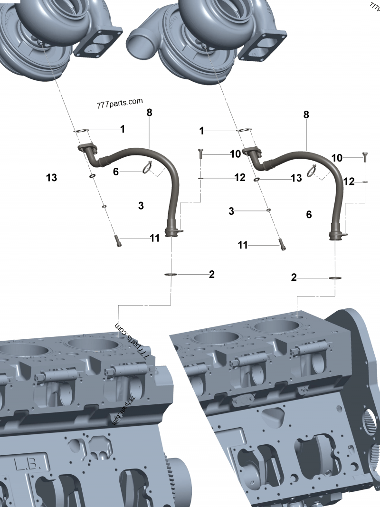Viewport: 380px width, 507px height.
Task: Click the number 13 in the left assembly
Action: (x=51, y=178)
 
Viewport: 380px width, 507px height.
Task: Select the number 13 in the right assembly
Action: (x=296, y=178)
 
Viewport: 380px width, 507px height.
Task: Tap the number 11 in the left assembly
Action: (x=154, y=238)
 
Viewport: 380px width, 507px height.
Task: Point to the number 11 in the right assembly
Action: (x=243, y=245)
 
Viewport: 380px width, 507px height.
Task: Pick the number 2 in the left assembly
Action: (x=211, y=274)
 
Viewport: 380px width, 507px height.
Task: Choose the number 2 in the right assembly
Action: (x=294, y=277)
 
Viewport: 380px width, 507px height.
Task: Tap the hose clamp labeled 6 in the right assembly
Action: (x=311, y=171)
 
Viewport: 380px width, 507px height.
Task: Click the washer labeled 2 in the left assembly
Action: (x=171, y=275)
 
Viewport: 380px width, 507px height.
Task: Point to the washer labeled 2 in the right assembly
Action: (x=335, y=278)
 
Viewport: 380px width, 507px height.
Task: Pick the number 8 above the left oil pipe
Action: (x=149, y=113)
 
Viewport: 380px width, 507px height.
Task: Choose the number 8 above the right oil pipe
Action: (x=306, y=115)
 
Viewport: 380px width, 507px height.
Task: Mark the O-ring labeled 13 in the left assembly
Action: (x=91, y=177)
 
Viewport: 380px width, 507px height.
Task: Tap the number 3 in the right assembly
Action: (x=231, y=211)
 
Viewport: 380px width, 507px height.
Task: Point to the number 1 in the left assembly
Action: (x=122, y=129)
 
